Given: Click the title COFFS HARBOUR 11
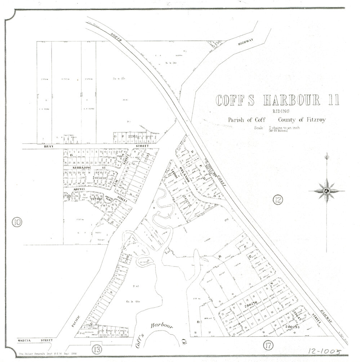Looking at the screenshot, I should pos(277,100).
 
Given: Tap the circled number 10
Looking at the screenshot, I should pos(17,222).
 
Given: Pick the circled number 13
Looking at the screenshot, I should pos(96,348).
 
